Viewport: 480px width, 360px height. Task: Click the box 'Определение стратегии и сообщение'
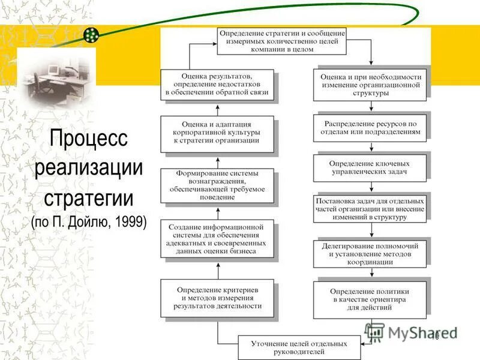coord(281,41)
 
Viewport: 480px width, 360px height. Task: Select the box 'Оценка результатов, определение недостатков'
coord(217,85)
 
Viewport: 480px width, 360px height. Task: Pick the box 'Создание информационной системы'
coord(217,239)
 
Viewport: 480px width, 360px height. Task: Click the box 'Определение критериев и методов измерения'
coord(217,298)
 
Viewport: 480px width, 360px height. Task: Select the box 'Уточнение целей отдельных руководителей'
coord(299,347)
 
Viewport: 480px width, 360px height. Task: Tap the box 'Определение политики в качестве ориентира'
coord(370,299)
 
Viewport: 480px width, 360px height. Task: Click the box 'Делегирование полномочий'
coord(370,253)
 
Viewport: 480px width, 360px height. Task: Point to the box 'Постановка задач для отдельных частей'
coord(370,208)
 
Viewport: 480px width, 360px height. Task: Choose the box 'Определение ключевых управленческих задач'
coord(370,167)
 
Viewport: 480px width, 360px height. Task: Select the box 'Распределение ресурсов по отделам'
coord(370,128)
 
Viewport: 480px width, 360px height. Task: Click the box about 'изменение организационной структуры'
coord(370,85)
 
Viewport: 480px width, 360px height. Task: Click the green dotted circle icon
coord(91,35)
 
